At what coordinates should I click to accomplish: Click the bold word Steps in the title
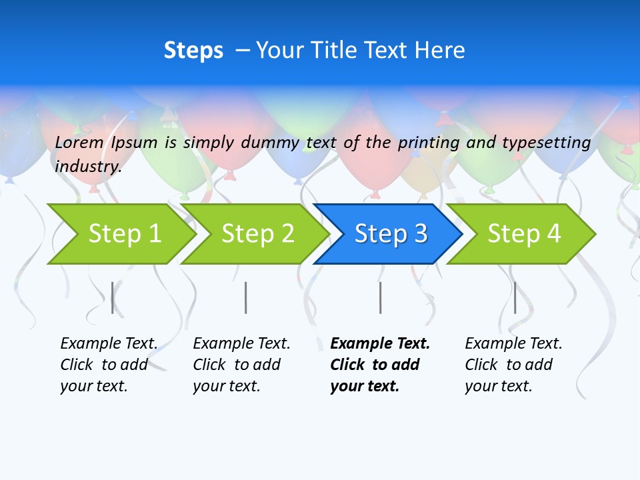coord(193,50)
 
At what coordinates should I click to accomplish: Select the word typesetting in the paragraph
coord(546,142)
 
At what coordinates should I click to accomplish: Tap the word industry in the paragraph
coord(88,166)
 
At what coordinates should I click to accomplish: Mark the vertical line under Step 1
coord(113,297)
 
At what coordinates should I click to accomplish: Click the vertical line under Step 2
coord(246,297)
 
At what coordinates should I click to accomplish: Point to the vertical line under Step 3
coord(380,297)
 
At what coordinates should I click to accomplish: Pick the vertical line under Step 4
coord(515,297)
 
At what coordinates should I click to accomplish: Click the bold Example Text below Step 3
coord(380,344)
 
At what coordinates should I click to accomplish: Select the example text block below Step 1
coord(109,365)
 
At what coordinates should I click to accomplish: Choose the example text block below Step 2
coord(241,365)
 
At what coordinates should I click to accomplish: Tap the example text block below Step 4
coord(513,365)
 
